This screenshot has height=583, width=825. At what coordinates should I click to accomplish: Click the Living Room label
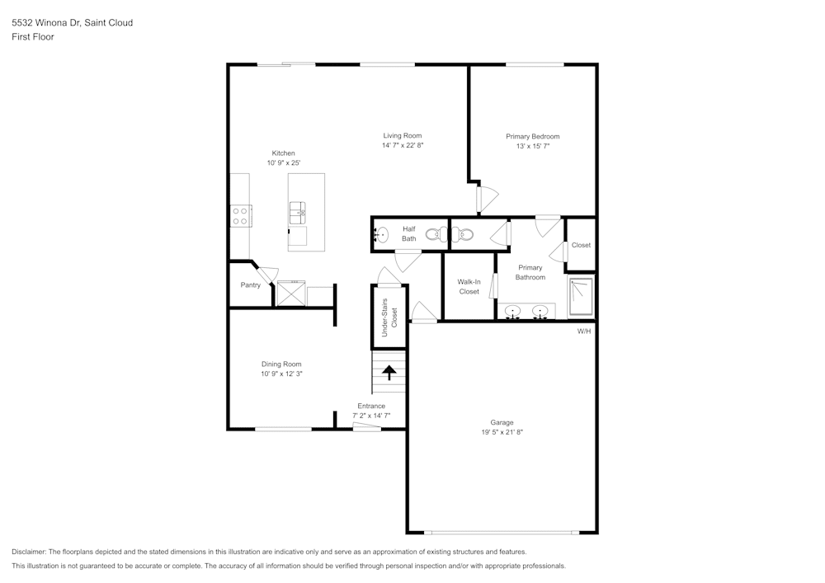[x=402, y=135]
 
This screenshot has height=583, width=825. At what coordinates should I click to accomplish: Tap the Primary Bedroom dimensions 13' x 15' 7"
[x=532, y=146]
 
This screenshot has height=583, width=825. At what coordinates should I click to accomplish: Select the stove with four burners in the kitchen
[x=240, y=216]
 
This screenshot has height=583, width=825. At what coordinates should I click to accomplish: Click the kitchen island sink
[x=297, y=214]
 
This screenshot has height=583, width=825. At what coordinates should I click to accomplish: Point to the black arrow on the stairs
[x=389, y=374]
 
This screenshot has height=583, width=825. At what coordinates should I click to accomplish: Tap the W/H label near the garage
[x=584, y=331]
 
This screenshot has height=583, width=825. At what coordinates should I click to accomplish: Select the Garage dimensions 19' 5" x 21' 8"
[x=502, y=432]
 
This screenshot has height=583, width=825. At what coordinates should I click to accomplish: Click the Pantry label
[x=251, y=285]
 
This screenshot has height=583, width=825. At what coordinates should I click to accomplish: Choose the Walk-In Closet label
[x=469, y=286]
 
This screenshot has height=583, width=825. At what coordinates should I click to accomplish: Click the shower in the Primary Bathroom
[x=581, y=297]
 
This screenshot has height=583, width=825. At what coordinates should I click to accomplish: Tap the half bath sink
[x=380, y=234]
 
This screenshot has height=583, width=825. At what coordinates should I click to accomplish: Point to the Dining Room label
[x=281, y=364]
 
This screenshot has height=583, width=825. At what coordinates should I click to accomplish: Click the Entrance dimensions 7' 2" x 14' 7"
[x=370, y=416]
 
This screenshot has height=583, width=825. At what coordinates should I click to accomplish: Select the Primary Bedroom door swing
[x=488, y=199]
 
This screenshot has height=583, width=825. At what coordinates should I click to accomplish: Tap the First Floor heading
[x=33, y=37]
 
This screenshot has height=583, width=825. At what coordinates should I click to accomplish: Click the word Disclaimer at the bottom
[x=29, y=552]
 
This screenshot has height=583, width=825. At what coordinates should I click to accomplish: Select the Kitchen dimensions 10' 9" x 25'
[x=283, y=163]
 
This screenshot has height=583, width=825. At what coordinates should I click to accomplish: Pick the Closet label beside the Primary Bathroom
[x=581, y=245]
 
